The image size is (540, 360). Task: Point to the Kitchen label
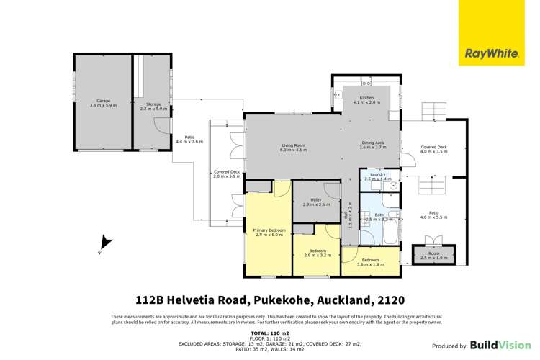pyautogui.click(x=367, y=100)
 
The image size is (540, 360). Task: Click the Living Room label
pyautogui.click(x=294, y=148)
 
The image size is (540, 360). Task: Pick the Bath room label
pyautogui.click(x=379, y=215)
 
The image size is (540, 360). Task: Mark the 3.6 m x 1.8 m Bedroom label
pyautogui.click(x=370, y=261)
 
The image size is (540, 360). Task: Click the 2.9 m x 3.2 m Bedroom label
pyautogui.click(x=316, y=253)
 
